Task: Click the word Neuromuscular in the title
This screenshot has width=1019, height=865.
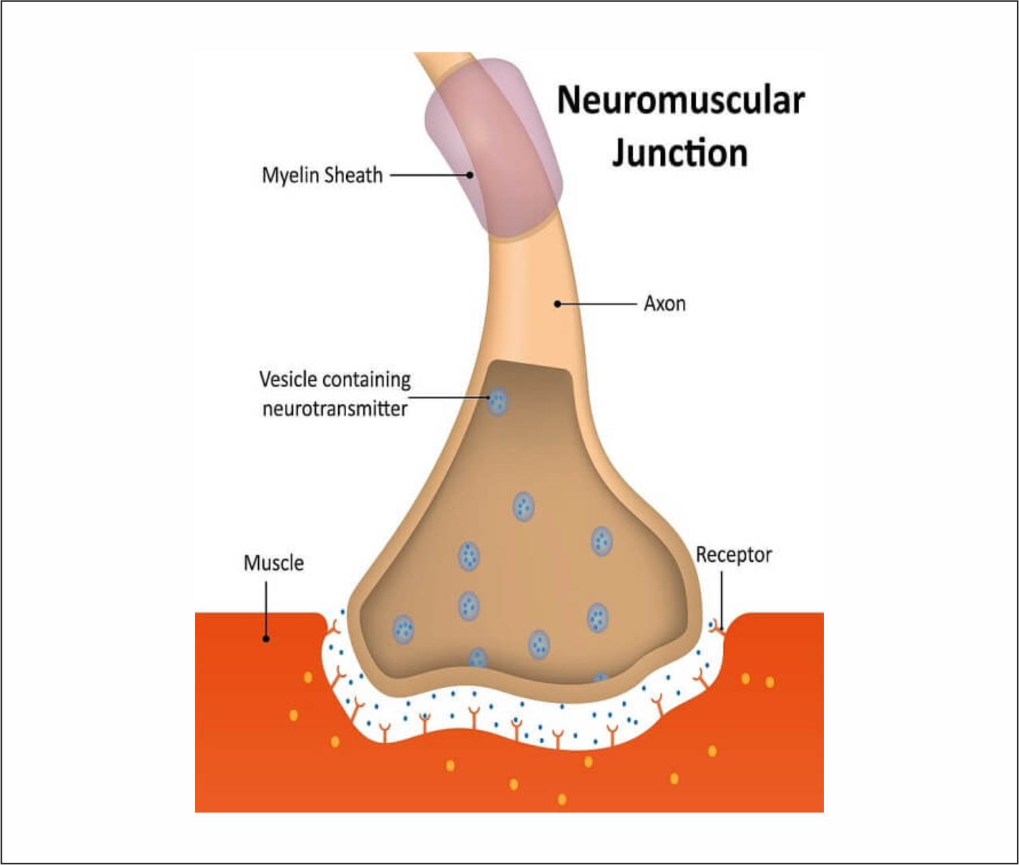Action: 680,101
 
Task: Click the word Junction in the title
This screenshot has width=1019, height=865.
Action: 680,153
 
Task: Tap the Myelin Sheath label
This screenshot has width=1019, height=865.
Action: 322,175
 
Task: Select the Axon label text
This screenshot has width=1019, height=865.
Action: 665,304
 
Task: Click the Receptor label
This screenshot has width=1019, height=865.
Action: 733,555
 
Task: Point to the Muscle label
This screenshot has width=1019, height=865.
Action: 274,563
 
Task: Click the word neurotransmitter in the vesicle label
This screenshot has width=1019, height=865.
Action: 335,409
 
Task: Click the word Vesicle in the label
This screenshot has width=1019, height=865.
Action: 288,380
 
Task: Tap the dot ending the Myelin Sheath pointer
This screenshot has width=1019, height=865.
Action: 470,175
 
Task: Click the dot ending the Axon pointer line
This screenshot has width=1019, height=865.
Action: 557,304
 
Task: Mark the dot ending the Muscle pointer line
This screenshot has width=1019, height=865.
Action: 266,639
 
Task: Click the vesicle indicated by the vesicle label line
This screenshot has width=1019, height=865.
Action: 497,402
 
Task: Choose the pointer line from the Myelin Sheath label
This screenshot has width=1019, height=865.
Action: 430,175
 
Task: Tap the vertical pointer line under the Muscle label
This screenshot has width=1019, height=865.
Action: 266,608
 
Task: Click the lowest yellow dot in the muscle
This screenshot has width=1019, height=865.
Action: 562,799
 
